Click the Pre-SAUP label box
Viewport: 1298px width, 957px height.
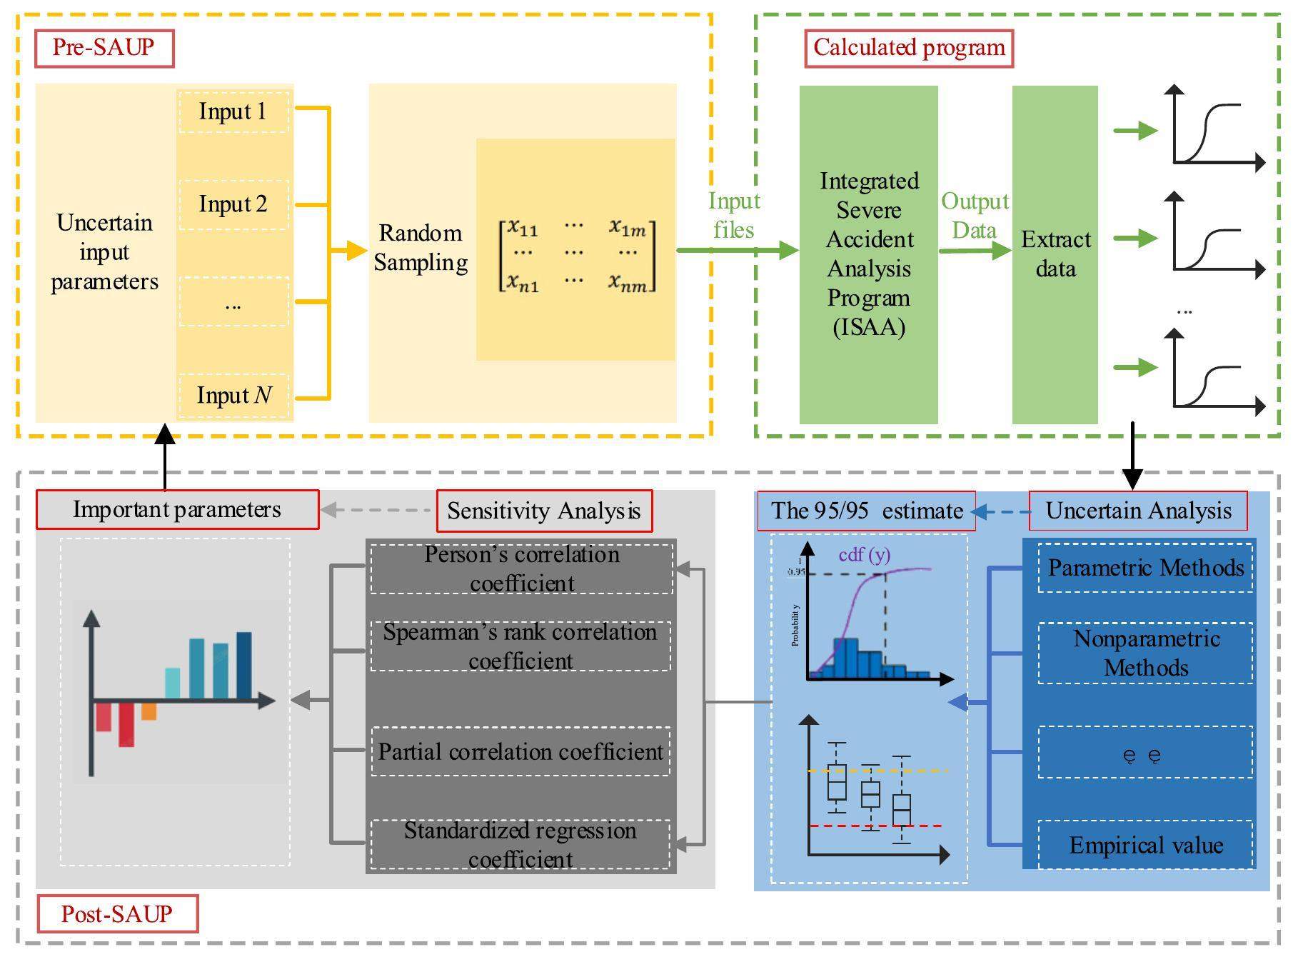[104, 48]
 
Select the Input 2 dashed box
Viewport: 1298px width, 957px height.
[233, 205]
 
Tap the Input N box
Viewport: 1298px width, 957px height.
[233, 395]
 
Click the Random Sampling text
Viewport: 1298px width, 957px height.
[421, 248]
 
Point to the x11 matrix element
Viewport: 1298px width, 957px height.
[523, 228]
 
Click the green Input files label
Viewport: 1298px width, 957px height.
[734, 215]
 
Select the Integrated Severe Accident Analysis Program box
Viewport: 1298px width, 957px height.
[868, 254]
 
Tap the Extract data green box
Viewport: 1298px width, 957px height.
[1055, 254]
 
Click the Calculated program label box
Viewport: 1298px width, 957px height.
[909, 48]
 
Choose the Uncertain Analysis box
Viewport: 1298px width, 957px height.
[1138, 511]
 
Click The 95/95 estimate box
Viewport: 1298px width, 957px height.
[866, 511]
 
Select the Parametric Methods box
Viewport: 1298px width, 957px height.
[1145, 568]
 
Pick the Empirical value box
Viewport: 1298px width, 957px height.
[1145, 846]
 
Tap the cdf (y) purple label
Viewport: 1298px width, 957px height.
[864, 554]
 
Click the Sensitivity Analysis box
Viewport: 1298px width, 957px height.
[544, 511]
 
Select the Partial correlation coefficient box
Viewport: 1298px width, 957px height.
[520, 751]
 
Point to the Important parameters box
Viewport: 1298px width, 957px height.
[177, 509]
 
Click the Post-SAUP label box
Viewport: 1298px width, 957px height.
[117, 913]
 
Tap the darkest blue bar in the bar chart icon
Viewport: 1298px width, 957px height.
[244, 664]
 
